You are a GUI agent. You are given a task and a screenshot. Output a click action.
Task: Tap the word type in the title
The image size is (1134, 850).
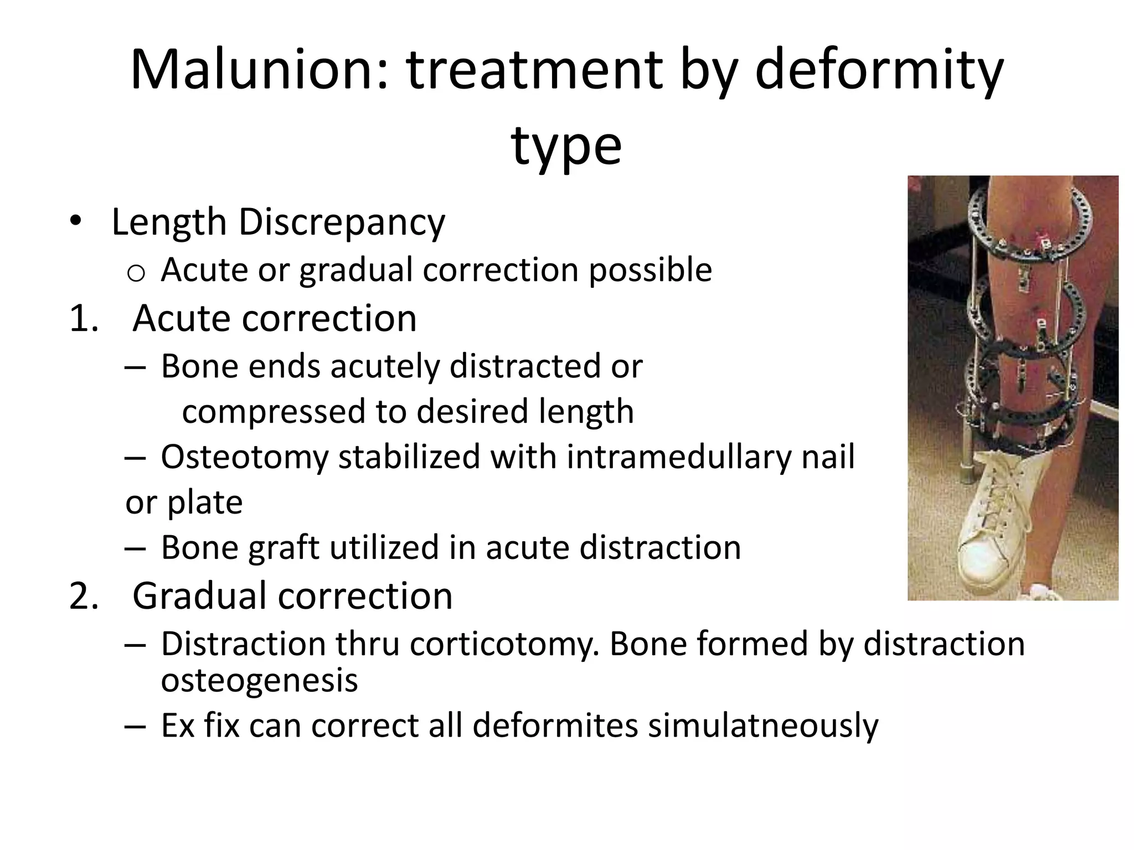pyautogui.click(x=566, y=146)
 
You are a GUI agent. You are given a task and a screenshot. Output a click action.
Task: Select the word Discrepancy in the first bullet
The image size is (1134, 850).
pyautogui.click(x=341, y=222)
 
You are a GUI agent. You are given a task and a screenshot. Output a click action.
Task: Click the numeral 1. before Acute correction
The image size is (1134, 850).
pyautogui.click(x=84, y=319)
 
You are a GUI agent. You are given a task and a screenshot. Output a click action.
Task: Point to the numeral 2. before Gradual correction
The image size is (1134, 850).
pyautogui.click(x=84, y=596)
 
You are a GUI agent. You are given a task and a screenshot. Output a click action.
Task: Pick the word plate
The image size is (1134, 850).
pyautogui.click(x=205, y=502)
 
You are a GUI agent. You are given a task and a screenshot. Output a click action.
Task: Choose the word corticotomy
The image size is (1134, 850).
pyautogui.click(x=505, y=644)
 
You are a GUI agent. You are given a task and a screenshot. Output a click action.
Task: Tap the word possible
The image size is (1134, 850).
pyautogui.click(x=650, y=270)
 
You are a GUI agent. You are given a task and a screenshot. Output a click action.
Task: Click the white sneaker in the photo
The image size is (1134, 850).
pyautogui.click(x=997, y=526)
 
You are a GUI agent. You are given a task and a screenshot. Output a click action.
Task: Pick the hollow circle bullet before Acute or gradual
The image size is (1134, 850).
pyautogui.click(x=136, y=273)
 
